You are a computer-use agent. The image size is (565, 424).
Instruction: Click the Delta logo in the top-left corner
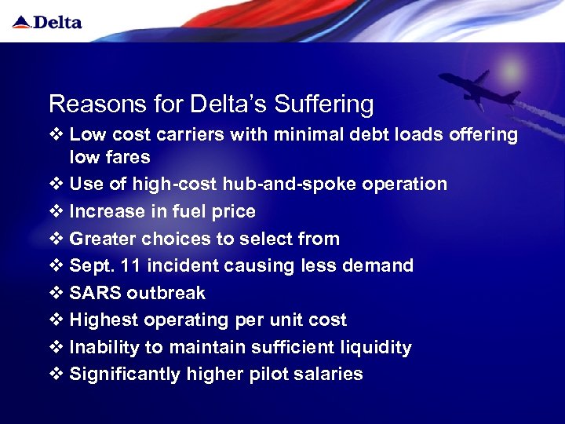(x=48, y=21)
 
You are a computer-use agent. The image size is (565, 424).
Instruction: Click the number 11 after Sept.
(x=129, y=265)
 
